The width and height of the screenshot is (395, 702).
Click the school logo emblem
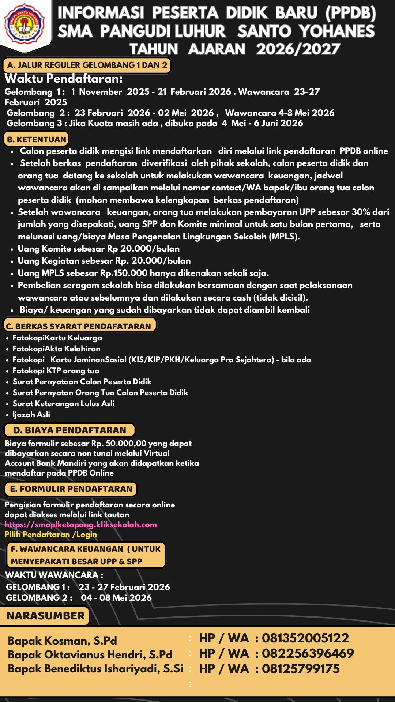25,23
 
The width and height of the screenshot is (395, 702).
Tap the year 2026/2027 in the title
298,49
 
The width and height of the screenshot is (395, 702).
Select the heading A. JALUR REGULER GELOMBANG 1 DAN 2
87,65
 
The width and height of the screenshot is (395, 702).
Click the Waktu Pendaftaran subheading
64,79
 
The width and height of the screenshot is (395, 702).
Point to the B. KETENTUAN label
37,139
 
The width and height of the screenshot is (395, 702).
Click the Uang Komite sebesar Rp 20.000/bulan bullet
99,249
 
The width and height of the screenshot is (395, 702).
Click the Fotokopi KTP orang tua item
56,371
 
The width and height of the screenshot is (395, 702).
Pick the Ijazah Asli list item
31,415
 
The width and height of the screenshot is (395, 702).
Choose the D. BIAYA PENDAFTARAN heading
69,430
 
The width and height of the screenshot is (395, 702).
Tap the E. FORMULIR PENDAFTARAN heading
71,489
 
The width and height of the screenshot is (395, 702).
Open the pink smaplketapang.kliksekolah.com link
81,525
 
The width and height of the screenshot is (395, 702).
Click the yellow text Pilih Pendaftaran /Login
51,535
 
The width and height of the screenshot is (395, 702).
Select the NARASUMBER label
45,616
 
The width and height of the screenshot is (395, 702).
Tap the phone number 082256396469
308,653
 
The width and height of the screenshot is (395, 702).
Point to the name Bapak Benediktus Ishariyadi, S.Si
95,669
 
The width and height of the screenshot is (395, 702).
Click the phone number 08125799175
301,669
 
